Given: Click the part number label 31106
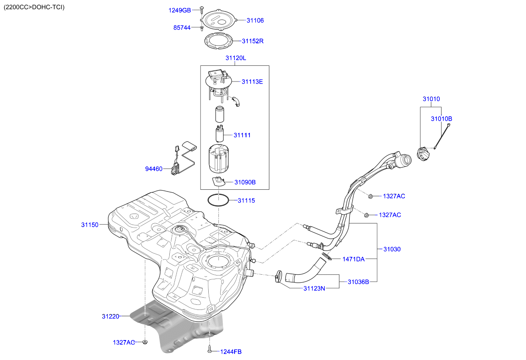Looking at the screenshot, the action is click(255, 20).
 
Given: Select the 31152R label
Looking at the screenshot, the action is click(252, 41).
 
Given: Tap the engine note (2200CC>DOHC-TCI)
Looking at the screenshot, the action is click(34, 7).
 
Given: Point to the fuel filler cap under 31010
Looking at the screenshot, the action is click(423, 154).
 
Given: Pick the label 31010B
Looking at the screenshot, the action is click(441, 119).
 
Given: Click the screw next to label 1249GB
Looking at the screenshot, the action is click(201, 10).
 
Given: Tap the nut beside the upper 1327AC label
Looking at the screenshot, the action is click(370, 196).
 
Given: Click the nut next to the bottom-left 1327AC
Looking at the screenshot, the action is click(145, 342).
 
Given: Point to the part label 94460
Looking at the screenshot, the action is click(154, 169).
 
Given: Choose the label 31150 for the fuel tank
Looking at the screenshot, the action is click(90, 225).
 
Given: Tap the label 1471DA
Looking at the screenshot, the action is click(353, 259).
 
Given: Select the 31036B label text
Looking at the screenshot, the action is click(358, 282).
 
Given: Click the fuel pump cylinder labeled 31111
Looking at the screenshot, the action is click(220, 134).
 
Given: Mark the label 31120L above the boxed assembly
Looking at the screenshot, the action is click(235, 58).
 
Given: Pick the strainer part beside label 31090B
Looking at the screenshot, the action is click(218, 181).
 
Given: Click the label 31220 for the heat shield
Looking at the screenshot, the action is click(110, 317).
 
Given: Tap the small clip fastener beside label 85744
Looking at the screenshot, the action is click(201, 29).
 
